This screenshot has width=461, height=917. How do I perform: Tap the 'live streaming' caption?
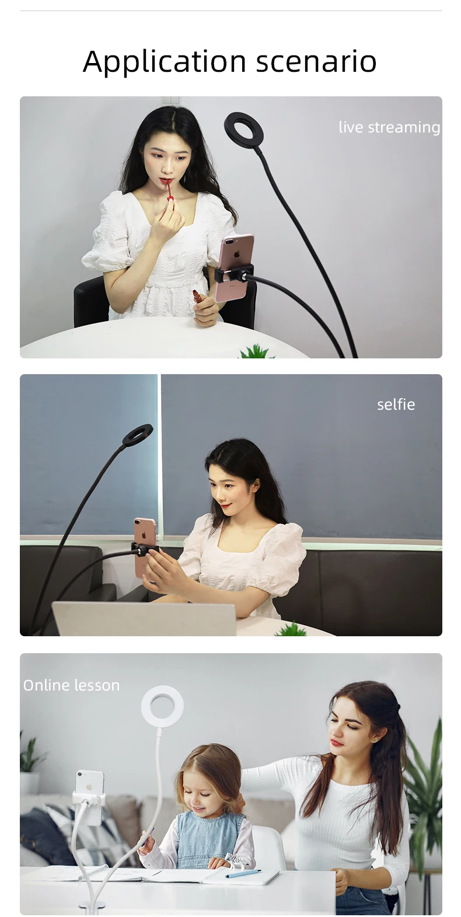[x=389, y=127]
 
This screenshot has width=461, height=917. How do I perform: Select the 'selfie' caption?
[x=396, y=405]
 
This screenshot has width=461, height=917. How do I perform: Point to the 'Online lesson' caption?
[x=71, y=685]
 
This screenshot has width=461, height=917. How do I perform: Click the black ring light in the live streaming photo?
[x=244, y=130]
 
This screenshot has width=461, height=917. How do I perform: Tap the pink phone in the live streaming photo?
[x=234, y=267]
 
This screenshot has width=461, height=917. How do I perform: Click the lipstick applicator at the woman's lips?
[x=169, y=190]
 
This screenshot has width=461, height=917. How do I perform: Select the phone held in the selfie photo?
[x=145, y=546]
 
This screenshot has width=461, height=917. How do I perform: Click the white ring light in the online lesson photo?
[x=162, y=706]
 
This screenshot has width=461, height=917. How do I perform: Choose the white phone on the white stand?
[x=89, y=797]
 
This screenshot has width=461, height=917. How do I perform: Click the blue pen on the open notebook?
[x=243, y=873]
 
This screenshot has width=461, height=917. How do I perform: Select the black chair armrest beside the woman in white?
[x=90, y=301]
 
